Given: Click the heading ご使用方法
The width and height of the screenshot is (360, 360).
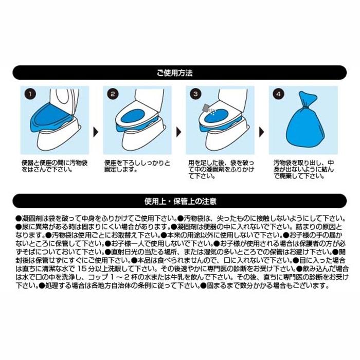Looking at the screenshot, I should pos(179,74).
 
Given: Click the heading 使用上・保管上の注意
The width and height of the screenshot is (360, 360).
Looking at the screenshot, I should pos(179,200).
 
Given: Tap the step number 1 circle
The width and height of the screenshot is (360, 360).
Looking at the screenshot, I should pos(31,95).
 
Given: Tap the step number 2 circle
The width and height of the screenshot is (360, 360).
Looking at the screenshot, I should pos(114,95).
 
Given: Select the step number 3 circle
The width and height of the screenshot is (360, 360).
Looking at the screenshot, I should pos(195,95).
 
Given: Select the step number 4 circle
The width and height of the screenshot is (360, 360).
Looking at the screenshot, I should pos(278,95).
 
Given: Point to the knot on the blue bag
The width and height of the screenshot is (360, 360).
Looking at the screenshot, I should pos(302,102).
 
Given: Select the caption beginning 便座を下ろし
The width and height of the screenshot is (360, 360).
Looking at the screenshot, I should pos(137,166).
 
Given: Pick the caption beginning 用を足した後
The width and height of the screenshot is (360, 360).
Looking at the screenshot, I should pos(218,169).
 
